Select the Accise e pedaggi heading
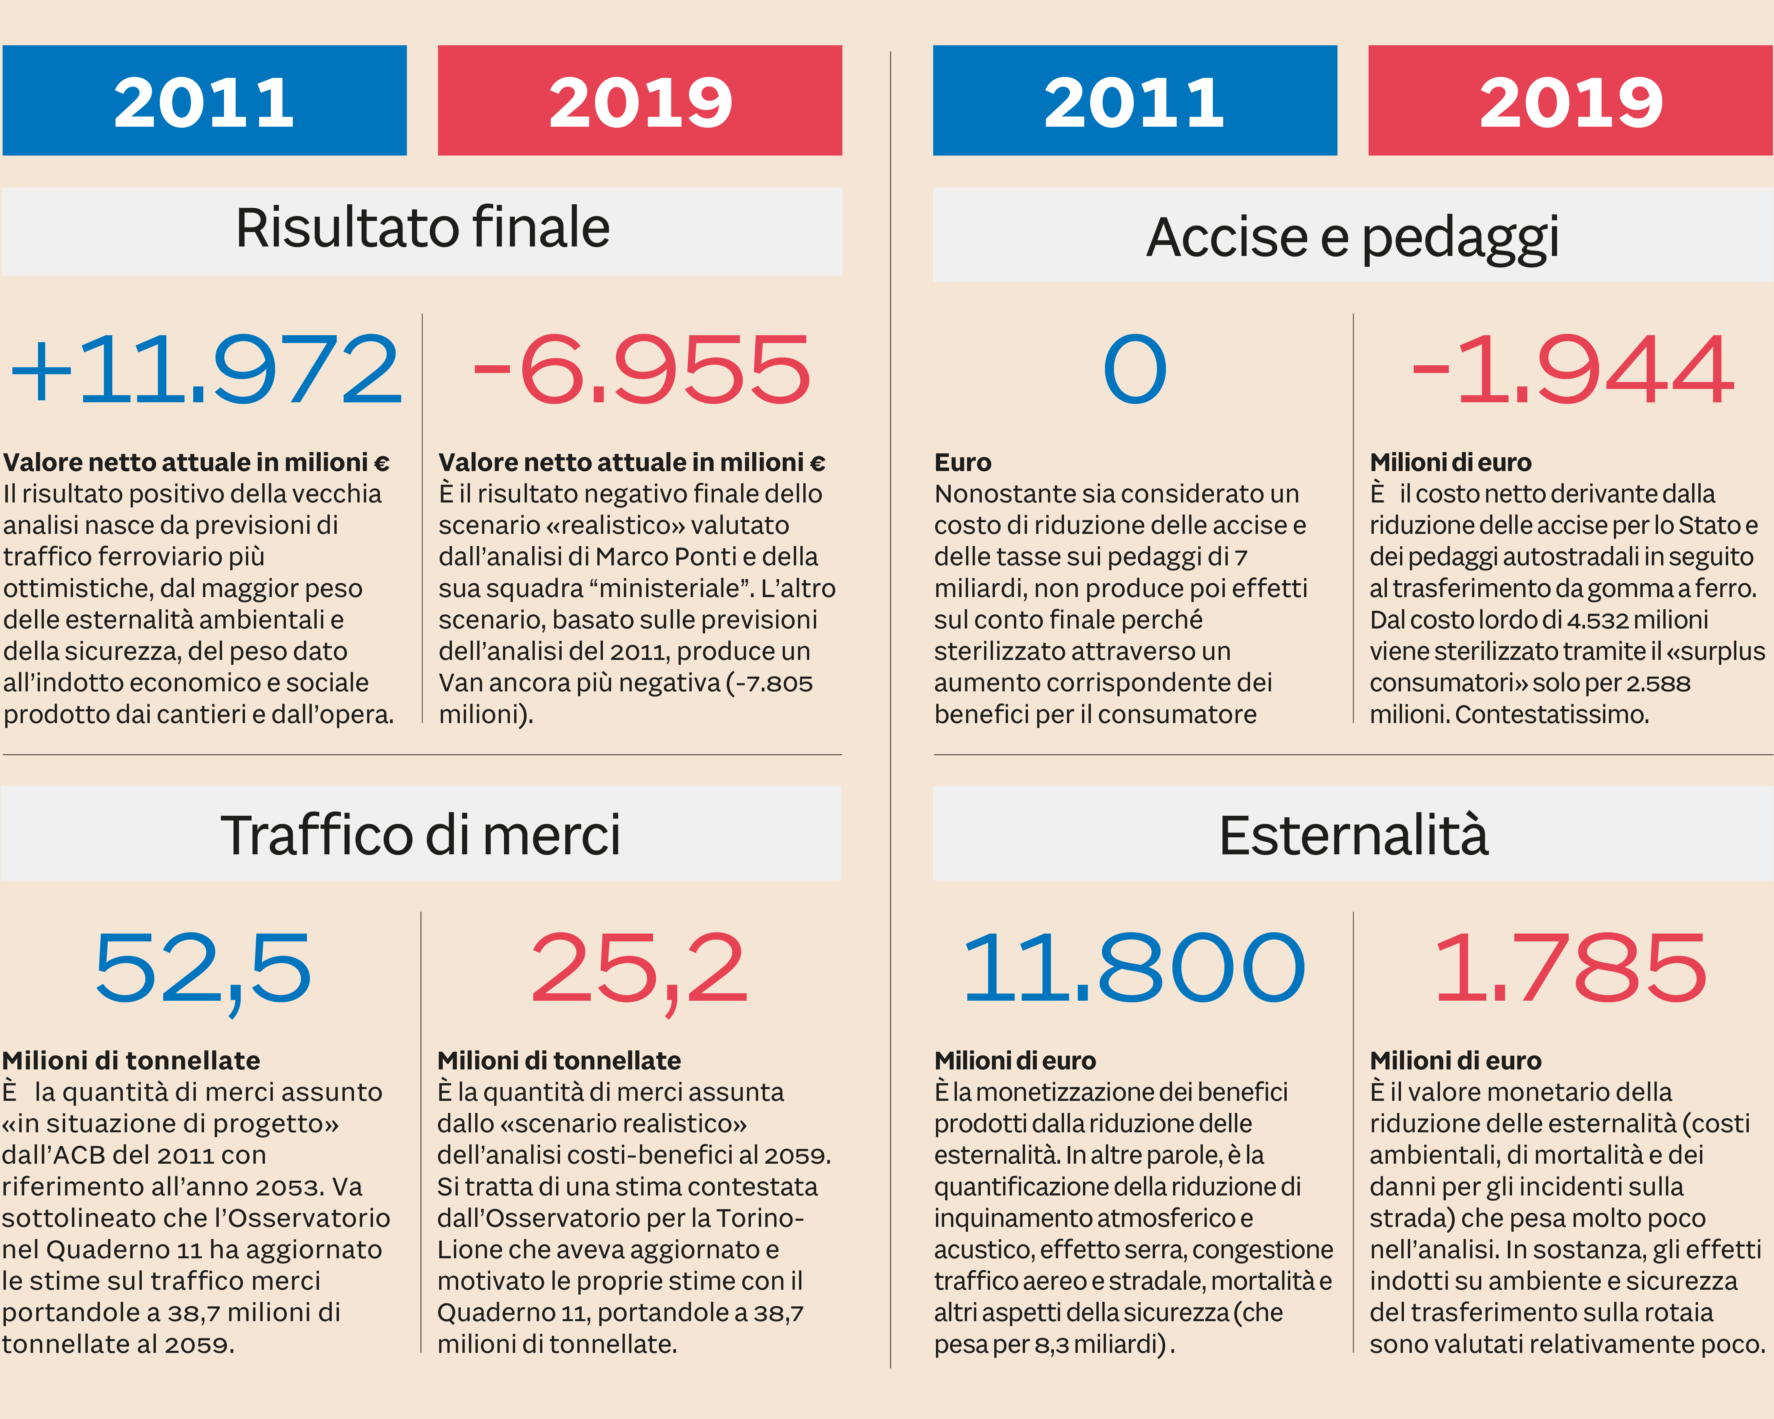click(x=1353, y=237)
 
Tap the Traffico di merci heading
click(x=420, y=835)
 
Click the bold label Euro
click(x=963, y=462)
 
